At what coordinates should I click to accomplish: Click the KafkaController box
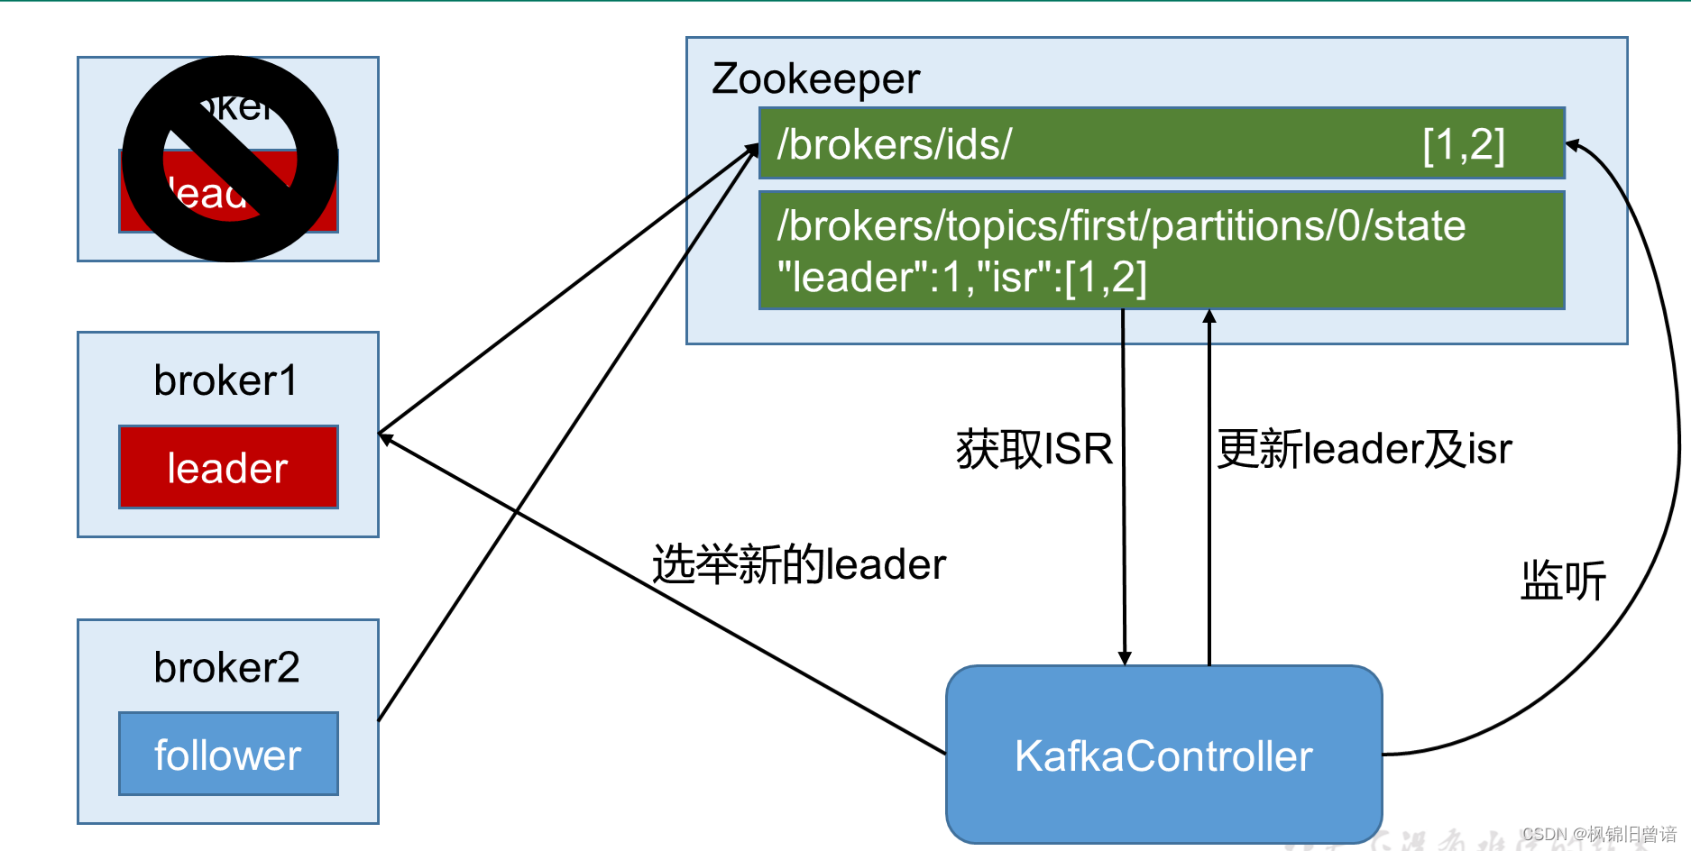click(1163, 755)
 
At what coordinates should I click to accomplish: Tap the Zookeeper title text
click(815, 78)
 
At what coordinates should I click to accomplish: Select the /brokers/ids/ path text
click(895, 144)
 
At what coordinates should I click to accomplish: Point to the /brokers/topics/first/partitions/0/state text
click(1121, 225)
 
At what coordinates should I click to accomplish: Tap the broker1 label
click(225, 380)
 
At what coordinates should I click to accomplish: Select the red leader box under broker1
click(228, 467)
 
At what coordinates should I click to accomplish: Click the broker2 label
click(226, 668)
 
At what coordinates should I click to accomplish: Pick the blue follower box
click(228, 755)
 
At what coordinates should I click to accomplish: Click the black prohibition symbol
click(230, 159)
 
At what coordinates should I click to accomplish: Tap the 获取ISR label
click(1034, 449)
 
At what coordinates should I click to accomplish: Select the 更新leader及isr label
click(1364, 449)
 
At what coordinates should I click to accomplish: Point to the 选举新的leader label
click(799, 565)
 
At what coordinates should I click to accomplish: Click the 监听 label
click(1563, 581)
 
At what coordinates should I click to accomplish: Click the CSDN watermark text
click(1598, 835)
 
